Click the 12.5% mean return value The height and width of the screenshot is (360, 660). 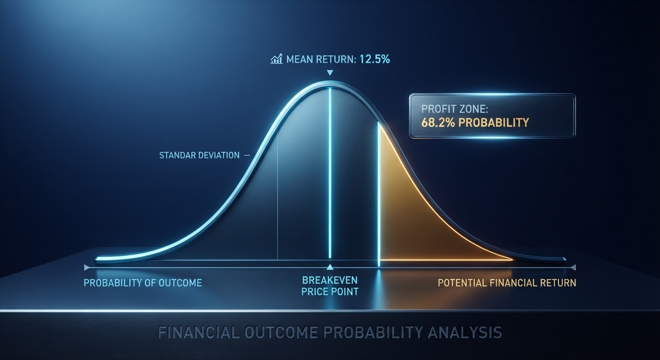[x=375, y=59]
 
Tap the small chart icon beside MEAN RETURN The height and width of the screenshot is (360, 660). [x=277, y=59]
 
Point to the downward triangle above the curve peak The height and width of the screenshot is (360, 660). [x=330, y=73]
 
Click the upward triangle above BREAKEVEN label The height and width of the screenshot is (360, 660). [x=330, y=267]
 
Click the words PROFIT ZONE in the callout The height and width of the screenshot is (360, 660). [x=455, y=109]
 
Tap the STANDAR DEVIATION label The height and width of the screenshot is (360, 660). [x=200, y=155]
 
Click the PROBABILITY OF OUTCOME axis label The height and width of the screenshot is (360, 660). [x=143, y=283]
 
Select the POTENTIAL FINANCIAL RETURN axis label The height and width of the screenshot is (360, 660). [x=507, y=283]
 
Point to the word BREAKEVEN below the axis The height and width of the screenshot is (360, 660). [x=330, y=280]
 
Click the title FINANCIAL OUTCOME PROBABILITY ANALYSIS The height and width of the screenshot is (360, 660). [x=330, y=332]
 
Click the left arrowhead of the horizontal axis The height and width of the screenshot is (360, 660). [x=86, y=268]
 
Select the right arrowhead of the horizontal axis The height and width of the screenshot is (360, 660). [x=573, y=268]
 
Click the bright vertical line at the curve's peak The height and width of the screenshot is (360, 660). [x=330, y=173]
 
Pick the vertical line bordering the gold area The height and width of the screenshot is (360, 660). [x=379, y=195]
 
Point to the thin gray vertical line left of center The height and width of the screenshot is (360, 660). [x=277, y=195]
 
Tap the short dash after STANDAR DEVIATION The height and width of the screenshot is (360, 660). [x=247, y=155]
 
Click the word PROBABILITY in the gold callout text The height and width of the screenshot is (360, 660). [x=494, y=122]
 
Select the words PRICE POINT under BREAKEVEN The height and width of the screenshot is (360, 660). [x=330, y=292]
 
